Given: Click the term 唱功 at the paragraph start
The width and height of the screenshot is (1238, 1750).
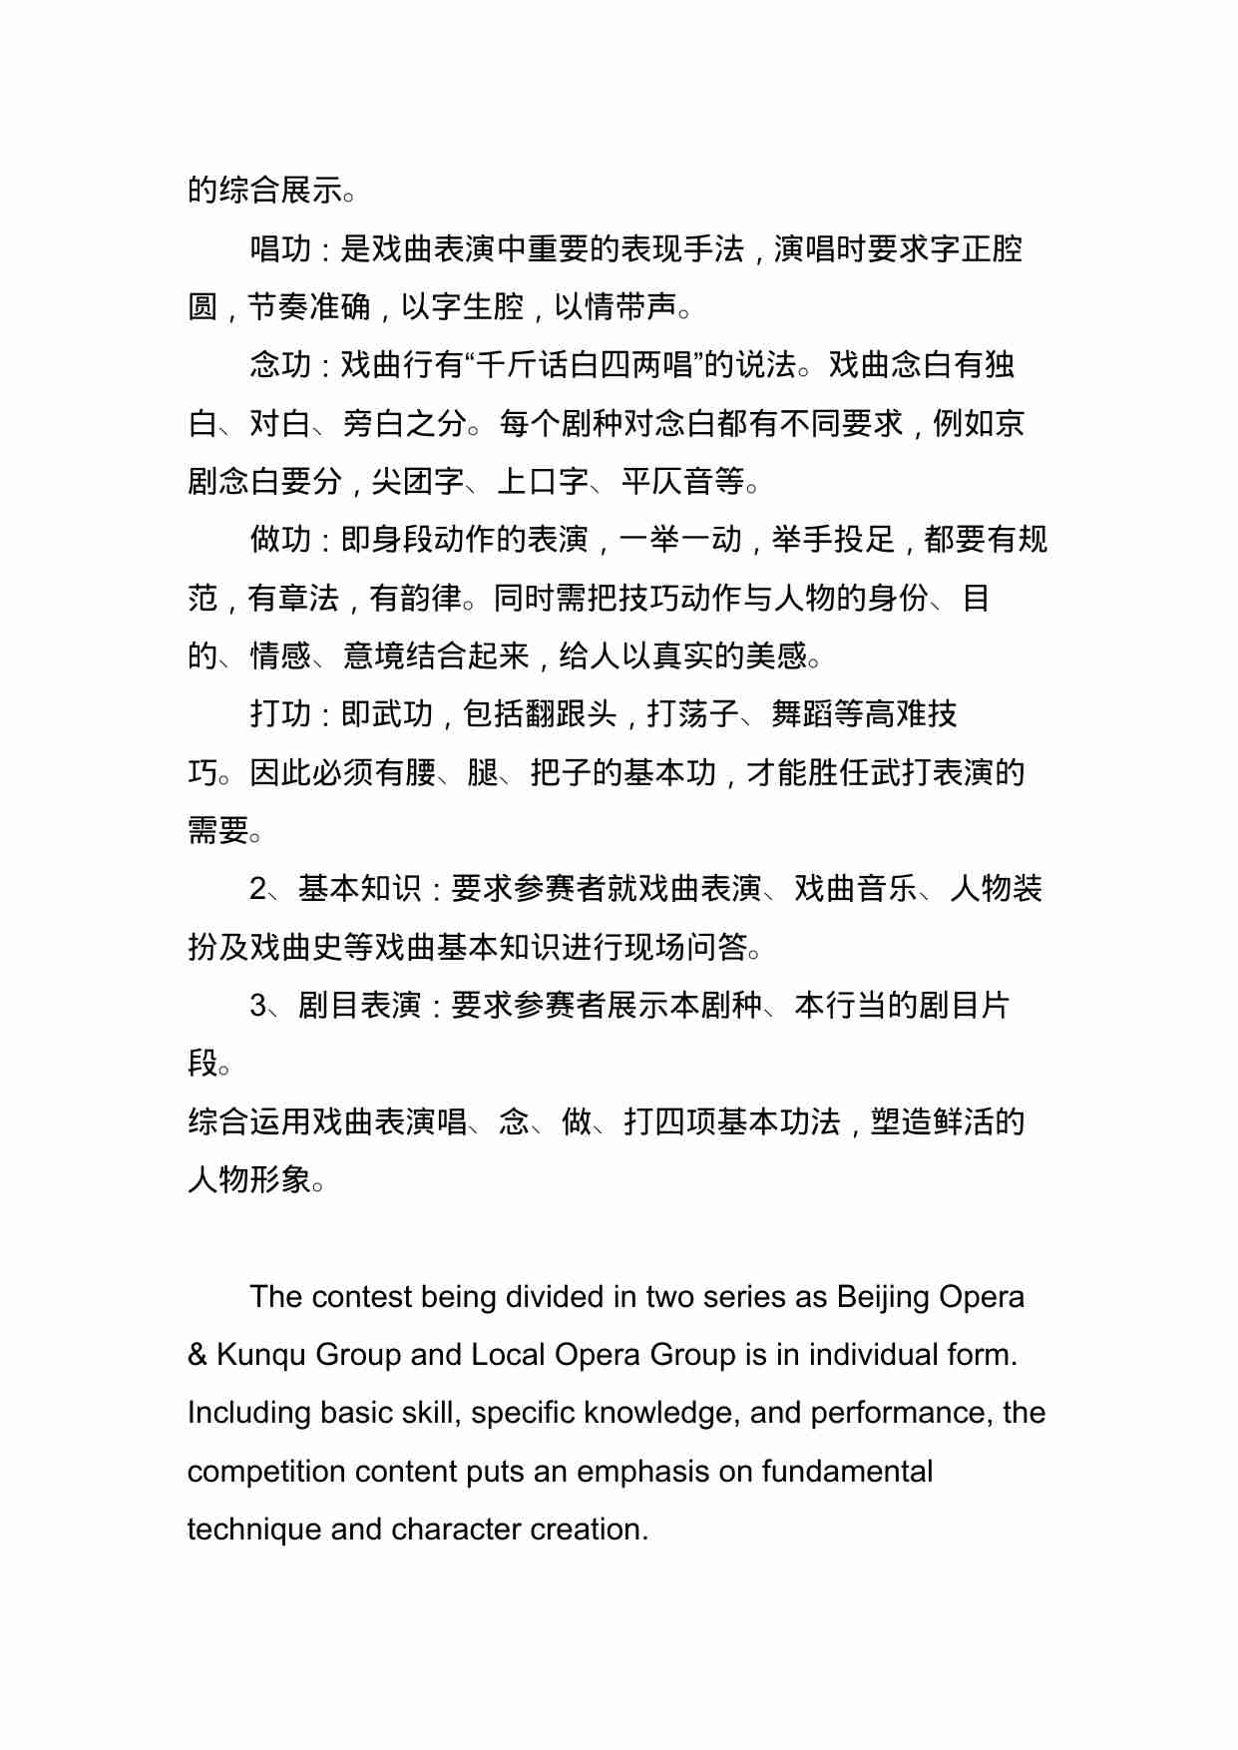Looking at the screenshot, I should coord(280,249).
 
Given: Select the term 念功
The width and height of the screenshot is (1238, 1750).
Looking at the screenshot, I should coord(280,365).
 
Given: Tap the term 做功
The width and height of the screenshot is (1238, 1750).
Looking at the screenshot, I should coord(280,540).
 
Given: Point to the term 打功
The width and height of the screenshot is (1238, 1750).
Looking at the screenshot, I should coord(280,714).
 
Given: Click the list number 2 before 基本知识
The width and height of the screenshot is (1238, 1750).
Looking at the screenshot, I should coord(258,889).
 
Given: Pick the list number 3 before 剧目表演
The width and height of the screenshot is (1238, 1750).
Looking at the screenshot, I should coord(258,1006).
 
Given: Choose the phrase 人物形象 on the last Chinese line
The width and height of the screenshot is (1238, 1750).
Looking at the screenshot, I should coord(249,1179).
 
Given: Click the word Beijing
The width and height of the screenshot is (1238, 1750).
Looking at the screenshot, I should coord(882,1297).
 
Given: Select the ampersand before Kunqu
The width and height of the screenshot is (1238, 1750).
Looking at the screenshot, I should coord(198,1355).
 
